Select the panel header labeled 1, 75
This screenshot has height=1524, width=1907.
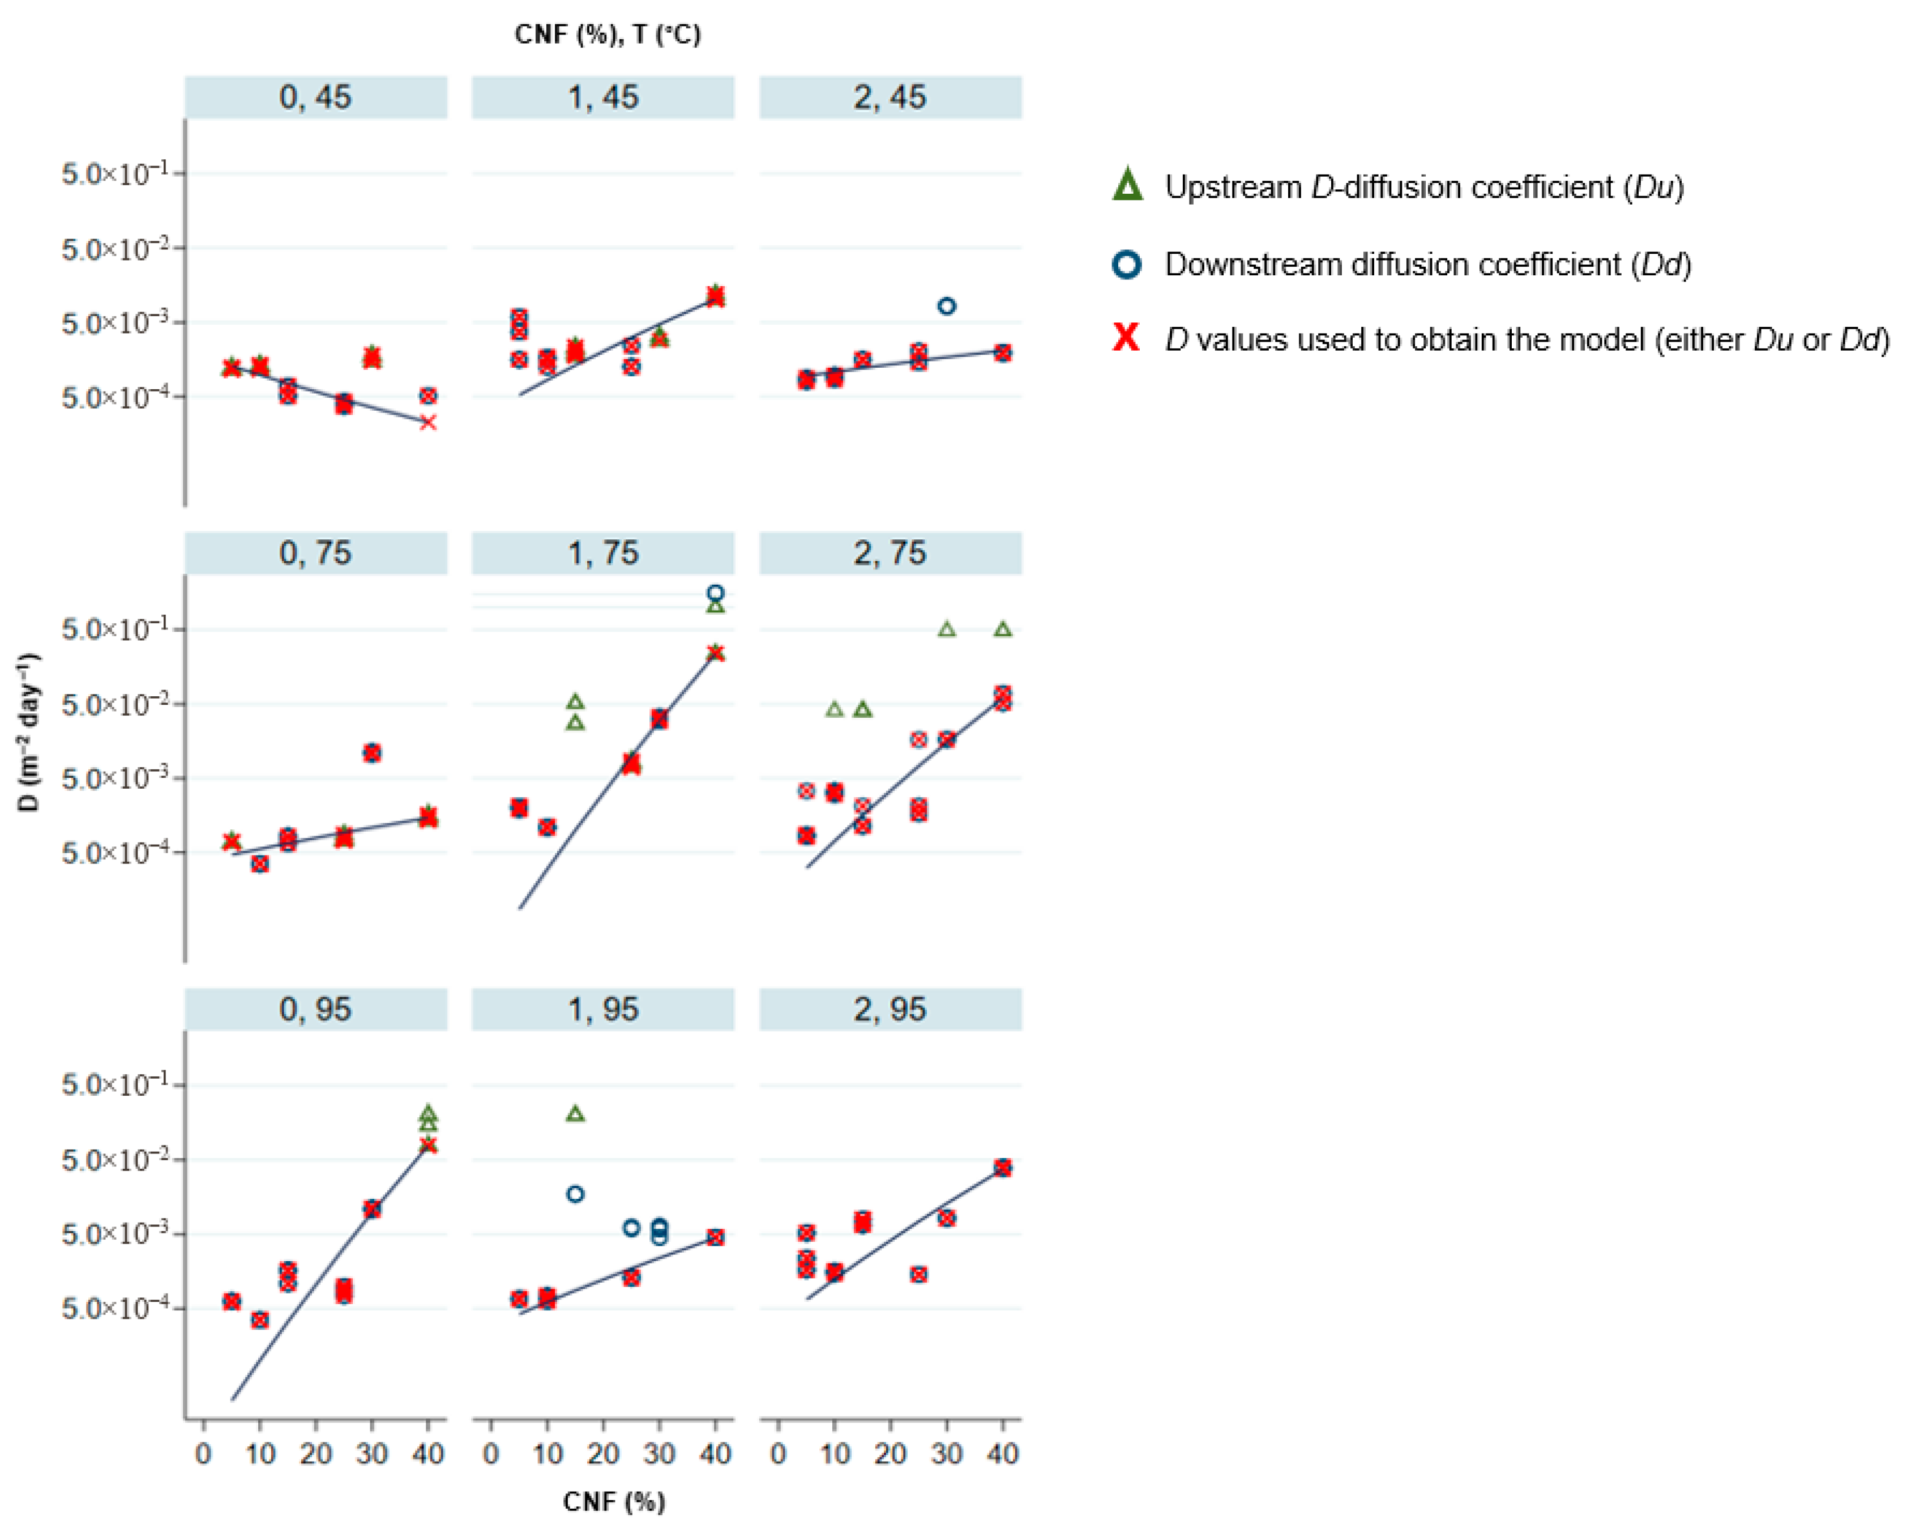pyautogui.click(x=602, y=553)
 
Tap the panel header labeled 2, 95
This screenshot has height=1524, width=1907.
pyautogui.click(x=890, y=1009)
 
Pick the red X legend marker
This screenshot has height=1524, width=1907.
pyautogui.click(x=1127, y=338)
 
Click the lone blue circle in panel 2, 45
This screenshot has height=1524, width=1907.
pyautogui.click(x=947, y=306)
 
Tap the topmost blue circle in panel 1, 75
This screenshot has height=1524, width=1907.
pyautogui.click(x=716, y=593)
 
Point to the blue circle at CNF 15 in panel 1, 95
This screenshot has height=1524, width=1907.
pyautogui.click(x=575, y=1194)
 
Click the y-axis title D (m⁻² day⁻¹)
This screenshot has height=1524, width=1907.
pyautogui.click(x=29, y=733)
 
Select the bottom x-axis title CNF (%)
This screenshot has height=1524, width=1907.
pyautogui.click(x=614, y=1501)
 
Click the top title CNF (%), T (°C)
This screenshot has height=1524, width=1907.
pyautogui.click(x=608, y=35)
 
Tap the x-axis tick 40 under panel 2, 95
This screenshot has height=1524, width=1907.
pyautogui.click(x=1002, y=1453)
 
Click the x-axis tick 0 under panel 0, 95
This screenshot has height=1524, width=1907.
pyautogui.click(x=203, y=1453)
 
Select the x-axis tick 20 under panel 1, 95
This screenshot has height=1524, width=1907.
pyautogui.click(x=603, y=1453)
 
